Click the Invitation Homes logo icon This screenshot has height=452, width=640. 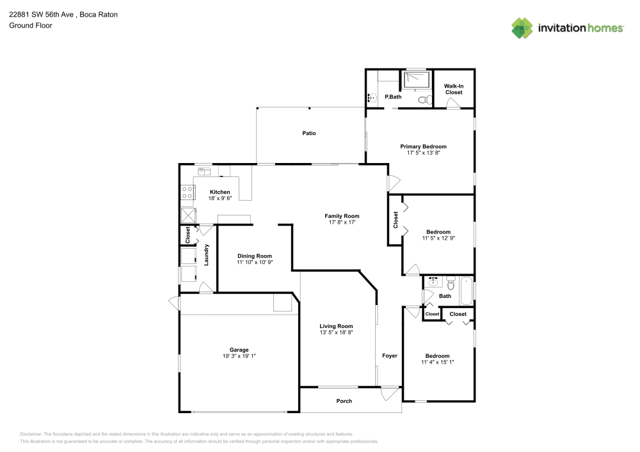click(522, 27)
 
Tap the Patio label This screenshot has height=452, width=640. click(309, 134)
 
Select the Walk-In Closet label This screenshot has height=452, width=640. click(454, 89)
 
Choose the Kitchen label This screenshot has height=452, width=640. click(220, 192)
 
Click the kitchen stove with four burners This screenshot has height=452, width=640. click(188, 192)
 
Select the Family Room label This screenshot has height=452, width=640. click(342, 216)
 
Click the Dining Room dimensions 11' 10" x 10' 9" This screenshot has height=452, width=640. click(255, 262)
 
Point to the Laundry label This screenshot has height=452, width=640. click(207, 254)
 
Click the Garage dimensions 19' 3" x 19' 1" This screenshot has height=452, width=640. click(239, 356)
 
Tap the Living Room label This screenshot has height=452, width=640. click(336, 326)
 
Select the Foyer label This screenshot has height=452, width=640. click(389, 355)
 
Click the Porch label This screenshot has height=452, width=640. click(344, 401)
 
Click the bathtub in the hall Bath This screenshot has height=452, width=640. click(466, 292)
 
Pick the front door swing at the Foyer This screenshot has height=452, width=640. click(388, 394)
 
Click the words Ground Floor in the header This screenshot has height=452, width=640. click(30, 26)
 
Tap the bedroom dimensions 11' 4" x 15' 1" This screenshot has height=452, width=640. click(438, 362)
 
